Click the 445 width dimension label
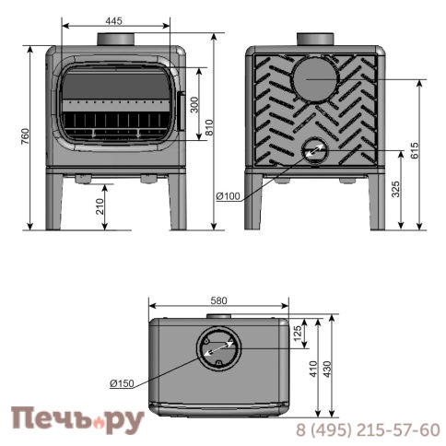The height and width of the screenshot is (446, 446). click(x=113, y=20)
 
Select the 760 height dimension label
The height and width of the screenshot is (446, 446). click(x=25, y=136)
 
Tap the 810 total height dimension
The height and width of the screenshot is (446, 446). click(x=209, y=127)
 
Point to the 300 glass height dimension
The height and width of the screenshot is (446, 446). click(x=194, y=105)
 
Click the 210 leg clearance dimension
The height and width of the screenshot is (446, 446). click(x=100, y=206)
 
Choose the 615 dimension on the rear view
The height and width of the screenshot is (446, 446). click(x=415, y=150)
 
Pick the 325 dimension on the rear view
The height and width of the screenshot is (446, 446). click(x=396, y=189)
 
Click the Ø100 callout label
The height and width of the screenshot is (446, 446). click(x=228, y=196)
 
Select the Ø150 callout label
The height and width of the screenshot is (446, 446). click(x=122, y=383)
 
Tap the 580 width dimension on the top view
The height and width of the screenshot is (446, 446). click(x=218, y=300)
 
